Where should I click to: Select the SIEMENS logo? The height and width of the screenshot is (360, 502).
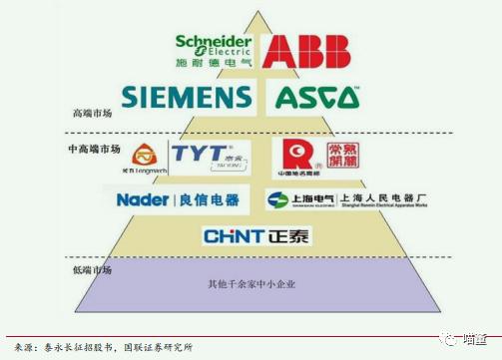click(x=187, y=97)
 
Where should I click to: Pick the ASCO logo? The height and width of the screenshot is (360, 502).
click(x=317, y=97)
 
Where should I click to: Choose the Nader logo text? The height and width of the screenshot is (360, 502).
click(x=144, y=199)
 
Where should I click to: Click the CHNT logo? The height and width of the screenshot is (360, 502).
click(x=232, y=236)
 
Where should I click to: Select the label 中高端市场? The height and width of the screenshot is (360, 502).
click(x=96, y=149)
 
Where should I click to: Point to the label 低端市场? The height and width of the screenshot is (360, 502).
click(x=92, y=269)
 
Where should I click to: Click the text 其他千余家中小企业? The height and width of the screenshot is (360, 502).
click(x=251, y=285)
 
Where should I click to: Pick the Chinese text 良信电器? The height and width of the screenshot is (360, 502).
click(x=213, y=199)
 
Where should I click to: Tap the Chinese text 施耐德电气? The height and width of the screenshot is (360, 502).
click(x=212, y=63)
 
